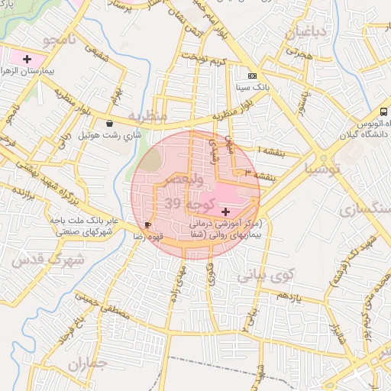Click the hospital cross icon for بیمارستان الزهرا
point(27,59)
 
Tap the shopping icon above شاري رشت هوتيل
point(110,123)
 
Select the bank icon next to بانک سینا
point(253,76)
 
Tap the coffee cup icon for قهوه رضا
point(147,225)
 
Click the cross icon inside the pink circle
point(225,210)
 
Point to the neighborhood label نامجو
point(60,40)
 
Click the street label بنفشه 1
point(270,150)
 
